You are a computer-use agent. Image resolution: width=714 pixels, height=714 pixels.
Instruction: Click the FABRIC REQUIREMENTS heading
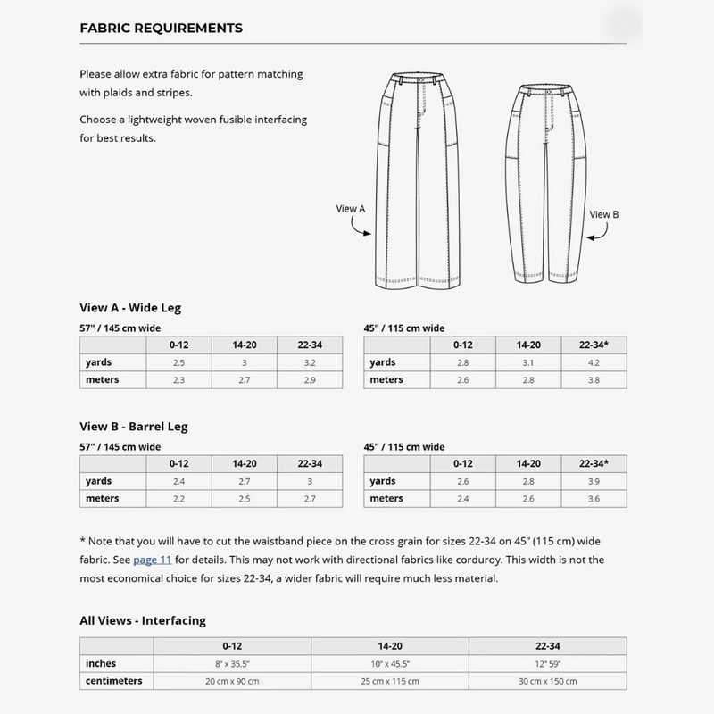coord(161,28)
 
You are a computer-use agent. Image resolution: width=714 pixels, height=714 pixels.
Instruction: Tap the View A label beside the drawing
coord(351,208)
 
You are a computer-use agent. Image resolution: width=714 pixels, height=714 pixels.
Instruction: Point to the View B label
coord(604,214)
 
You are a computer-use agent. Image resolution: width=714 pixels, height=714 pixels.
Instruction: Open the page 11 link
coord(152,560)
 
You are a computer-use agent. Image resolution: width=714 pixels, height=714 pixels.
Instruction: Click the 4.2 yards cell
coord(594,362)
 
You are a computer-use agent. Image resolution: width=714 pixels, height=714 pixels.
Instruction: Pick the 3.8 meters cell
coord(594,379)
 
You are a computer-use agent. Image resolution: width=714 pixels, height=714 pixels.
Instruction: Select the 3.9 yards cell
coord(594,481)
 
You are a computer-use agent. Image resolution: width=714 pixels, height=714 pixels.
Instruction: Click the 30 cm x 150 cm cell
coord(547,681)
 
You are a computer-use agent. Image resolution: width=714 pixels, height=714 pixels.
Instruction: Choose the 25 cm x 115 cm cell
coord(389,681)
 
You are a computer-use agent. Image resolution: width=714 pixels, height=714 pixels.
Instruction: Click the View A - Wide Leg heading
coord(130,308)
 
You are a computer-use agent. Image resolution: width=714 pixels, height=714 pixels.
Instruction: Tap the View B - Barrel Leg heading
coord(133,427)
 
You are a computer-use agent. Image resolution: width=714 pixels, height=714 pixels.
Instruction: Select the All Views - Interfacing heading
coord(143,619)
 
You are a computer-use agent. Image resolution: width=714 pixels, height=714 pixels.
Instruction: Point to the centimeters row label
coord(114,681)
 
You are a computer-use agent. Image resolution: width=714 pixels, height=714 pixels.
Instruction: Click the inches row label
coord(101,663)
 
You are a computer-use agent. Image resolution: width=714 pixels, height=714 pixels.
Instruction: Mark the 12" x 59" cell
coord(547,663)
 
